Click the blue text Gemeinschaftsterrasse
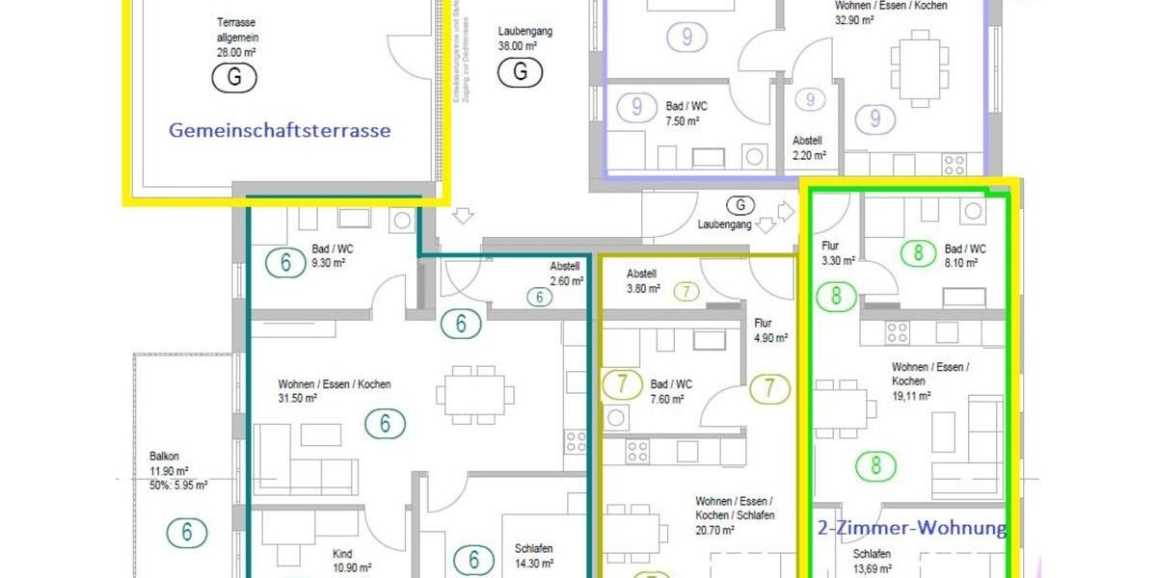(280, 130)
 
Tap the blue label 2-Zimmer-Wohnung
(911, 528)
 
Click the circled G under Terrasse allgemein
(234, 78)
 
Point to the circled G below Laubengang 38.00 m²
(520, 71)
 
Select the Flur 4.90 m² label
(770, 330)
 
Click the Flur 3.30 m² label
(838, 253)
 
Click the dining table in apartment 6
(472, 394)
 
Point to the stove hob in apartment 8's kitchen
(898, 332)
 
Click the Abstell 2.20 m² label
(808, 147)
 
